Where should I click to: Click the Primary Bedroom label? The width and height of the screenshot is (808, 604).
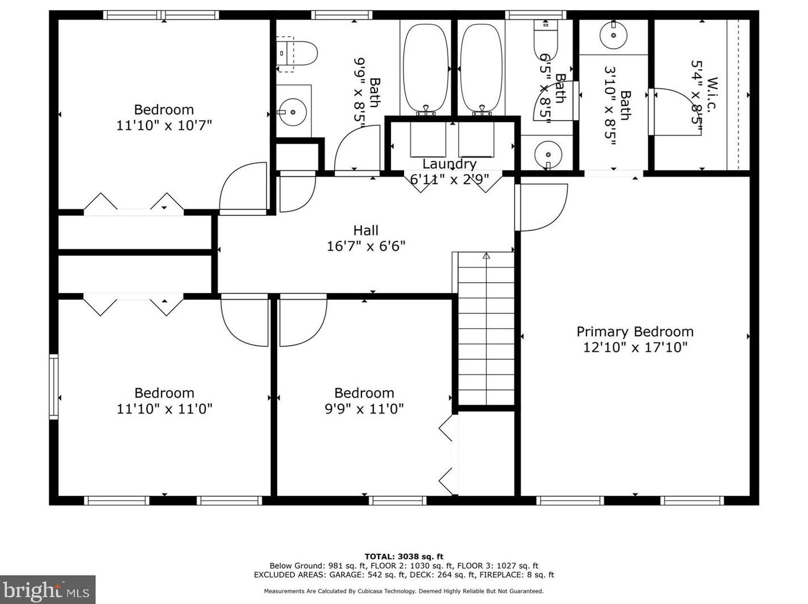[x=635, y=331]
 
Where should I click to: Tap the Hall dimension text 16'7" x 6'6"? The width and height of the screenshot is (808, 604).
[x=366, y=246]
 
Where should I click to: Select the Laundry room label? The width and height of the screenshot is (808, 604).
[x=449, y=164]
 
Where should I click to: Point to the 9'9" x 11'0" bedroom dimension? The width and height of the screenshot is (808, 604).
[x=364, y=409]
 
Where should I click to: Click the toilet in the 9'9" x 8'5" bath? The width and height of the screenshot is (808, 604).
[x=297, y=54]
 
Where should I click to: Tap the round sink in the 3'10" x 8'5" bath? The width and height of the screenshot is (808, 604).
[x=613, y=35]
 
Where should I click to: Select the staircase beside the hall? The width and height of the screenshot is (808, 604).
[x=486, y=329]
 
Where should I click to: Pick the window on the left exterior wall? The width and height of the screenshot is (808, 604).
[x=54, y=386]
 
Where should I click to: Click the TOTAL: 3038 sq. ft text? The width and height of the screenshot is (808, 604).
[x=404, y=556]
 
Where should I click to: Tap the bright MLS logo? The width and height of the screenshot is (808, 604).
[x=48, y=590]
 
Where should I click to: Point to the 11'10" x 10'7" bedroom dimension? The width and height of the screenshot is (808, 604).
[x=164, y=126]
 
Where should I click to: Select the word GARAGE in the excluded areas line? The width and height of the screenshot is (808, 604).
[x=344, y=575]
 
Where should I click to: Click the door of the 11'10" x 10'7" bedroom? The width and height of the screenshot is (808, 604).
[x=243, y=188]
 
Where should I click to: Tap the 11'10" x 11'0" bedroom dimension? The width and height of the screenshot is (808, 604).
[x=164, y=409]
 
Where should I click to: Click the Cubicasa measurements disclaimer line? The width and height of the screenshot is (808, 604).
[x=404, y=591]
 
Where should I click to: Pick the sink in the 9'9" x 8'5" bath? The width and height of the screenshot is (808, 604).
[x=292, y=112]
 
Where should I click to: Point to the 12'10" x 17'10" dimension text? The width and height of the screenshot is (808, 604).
[x=635, y=347]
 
